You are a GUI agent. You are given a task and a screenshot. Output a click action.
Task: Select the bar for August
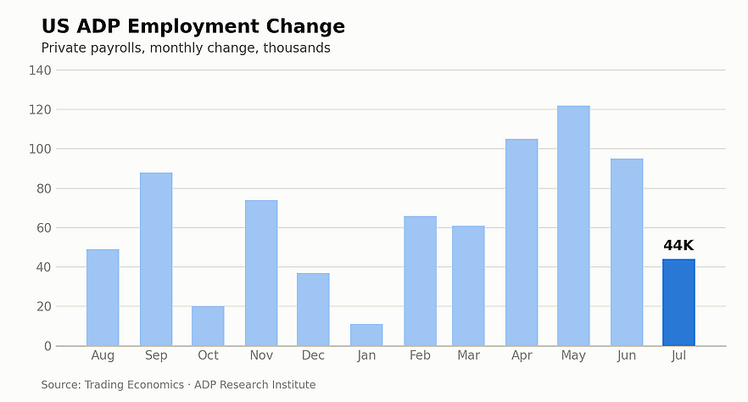click(x=103, y=298)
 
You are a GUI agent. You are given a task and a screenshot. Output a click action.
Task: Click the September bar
click(x=156, y=259)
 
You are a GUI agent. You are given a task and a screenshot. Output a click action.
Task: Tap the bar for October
click(x=208, y=327)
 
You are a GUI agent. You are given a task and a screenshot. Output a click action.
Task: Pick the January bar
click(x=366, y=335)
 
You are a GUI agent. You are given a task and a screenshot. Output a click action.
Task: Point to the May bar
click(x=573, y=226)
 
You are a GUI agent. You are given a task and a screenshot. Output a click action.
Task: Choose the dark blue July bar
click(x=678, y=302)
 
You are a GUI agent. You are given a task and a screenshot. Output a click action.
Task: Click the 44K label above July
click(x=678, y=246)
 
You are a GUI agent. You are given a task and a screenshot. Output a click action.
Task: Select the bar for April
click(x=522, y=243)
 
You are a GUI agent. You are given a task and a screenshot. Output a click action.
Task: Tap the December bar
click(x=313, y=310)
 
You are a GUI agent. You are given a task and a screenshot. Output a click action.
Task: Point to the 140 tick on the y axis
click(x=40, y=70)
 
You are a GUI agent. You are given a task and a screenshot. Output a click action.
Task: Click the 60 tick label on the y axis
click(x=43, y=228)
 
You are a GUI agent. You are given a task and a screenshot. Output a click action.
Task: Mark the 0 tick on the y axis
click(x=47, y=346)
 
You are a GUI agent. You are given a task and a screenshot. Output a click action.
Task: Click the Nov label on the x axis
click(x=261, y=355)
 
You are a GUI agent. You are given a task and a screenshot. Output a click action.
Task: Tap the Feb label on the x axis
click(x=420, y=355)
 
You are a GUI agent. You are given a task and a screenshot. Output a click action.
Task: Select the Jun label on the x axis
click(x=627, y=355)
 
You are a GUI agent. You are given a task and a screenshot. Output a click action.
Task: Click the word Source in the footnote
click(x=60, y=385)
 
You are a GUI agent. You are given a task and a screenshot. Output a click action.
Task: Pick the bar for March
click(x=468, y=286)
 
